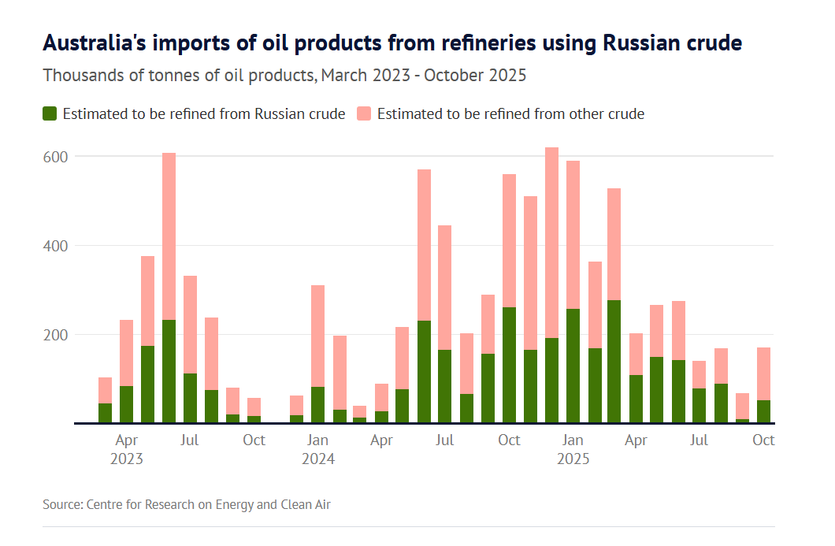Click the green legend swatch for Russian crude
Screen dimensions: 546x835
50,113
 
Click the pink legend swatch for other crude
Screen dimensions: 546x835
364,113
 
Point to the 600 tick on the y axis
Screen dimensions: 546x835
56,157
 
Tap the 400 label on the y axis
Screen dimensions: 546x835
56,246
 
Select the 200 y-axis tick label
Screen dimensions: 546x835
56,335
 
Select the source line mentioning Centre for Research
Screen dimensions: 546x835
186,504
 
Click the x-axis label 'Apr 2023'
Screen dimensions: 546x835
127,448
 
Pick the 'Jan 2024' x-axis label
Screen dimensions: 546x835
317,448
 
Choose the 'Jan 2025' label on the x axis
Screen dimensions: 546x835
573,448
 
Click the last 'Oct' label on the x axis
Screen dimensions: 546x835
763,440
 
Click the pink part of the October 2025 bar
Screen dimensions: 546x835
763,373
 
